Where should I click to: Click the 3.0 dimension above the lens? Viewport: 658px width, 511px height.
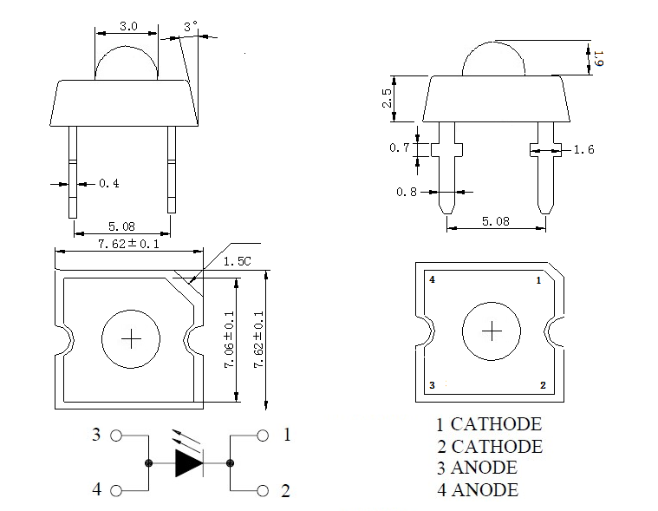(x=128, y=26)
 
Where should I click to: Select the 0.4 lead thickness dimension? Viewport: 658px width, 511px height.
(x=109, y=184)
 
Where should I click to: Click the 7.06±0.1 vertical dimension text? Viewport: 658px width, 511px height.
(x=229, y=343)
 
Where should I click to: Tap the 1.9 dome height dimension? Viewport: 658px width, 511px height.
(x=598, y=60)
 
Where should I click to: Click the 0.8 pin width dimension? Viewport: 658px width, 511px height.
(x=407, y=192)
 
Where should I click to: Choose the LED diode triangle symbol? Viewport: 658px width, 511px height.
(x=188, y=462)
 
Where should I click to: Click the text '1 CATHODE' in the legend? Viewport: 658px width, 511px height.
(x=488, y=425)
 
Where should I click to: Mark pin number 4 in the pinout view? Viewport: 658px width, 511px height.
(x=431, y=280)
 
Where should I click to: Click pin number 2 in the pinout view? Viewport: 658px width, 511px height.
(x=543, y=384)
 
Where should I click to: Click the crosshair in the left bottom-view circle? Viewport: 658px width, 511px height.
(x=131, y=338)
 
